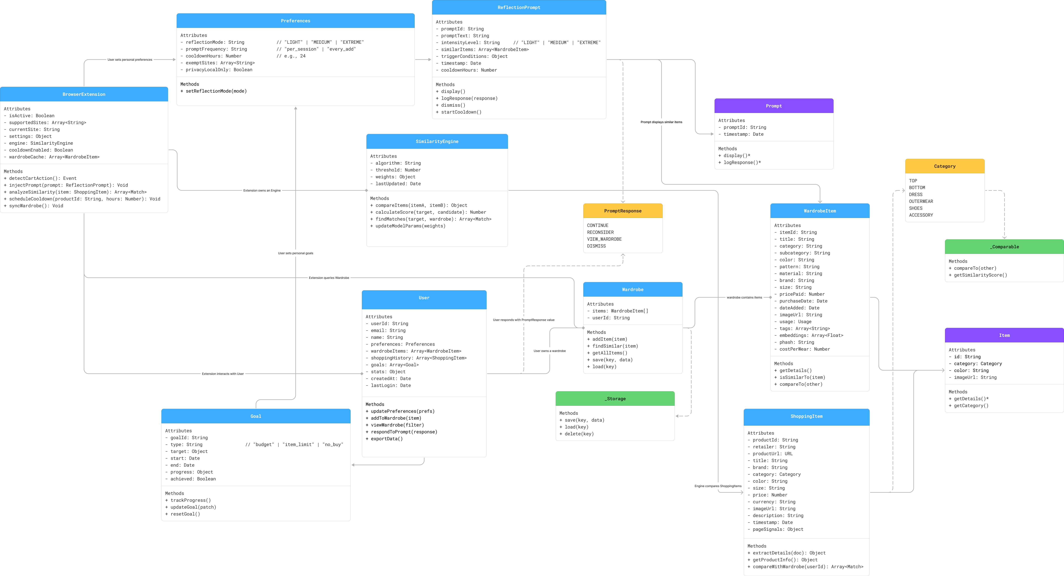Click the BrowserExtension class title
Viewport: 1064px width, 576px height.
84,94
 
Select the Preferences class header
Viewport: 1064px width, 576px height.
295,21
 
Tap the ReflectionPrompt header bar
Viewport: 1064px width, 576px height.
519,7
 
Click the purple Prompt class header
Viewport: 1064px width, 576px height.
774,106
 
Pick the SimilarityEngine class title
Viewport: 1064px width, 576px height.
437,141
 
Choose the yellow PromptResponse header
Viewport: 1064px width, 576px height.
622,211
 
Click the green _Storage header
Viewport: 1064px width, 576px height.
615,399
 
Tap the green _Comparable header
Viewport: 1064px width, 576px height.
1004,247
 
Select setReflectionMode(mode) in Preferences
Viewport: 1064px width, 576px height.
216,91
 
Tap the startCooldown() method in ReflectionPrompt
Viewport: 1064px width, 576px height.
461,112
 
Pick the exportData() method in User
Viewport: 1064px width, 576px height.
387,439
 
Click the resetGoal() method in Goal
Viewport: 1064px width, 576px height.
185,514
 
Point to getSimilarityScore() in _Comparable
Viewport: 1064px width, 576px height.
980,275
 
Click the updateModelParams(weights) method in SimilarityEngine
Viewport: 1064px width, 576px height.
410,226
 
